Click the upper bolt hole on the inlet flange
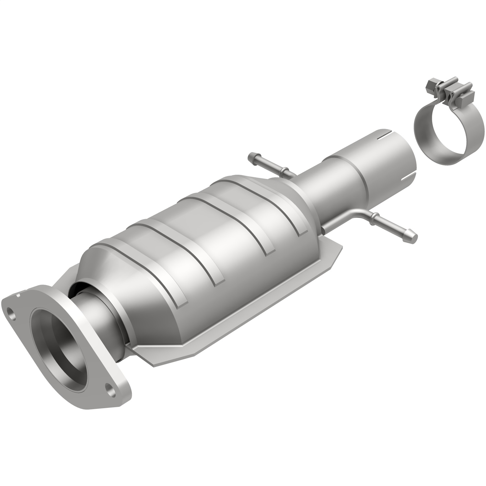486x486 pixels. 12,314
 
